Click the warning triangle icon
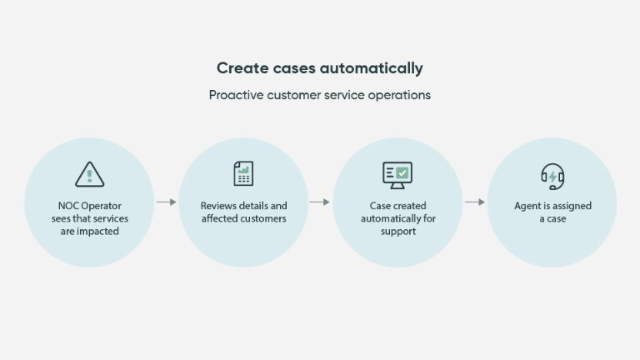89,174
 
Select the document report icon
242,173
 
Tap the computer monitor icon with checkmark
397,173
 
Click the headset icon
552,176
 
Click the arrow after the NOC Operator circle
166,202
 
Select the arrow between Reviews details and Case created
320,202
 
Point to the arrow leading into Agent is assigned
474,202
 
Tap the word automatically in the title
372,68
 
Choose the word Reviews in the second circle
219,205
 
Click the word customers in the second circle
262,218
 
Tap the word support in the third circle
397,231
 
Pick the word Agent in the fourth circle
529,205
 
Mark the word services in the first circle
110,218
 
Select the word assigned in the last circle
571,205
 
